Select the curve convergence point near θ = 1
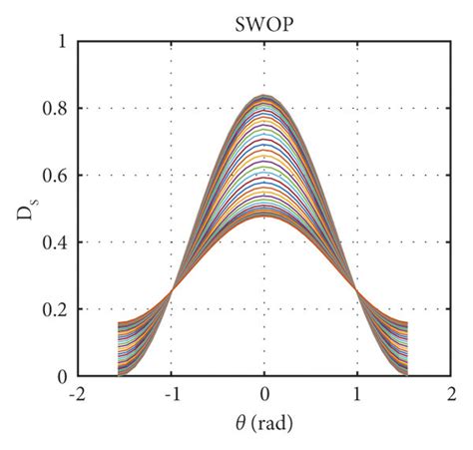[x=355, y=288]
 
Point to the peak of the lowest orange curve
[x=264, y=216]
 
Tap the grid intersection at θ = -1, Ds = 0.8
[x=171, y=108]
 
